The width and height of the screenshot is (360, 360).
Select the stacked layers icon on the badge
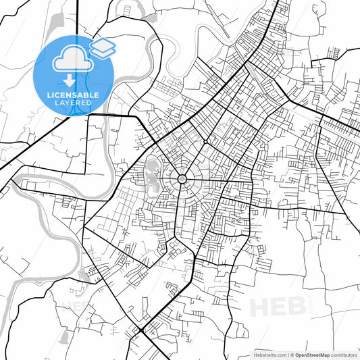click(x=102, y=47)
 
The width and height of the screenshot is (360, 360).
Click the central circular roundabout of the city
click(x=182, y=179)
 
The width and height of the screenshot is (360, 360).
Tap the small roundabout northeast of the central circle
click(x=205, y=142)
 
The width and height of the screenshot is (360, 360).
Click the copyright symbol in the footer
click(x=292, y=354)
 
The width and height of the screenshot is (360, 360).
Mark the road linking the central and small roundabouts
click(x=194, y=160)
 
